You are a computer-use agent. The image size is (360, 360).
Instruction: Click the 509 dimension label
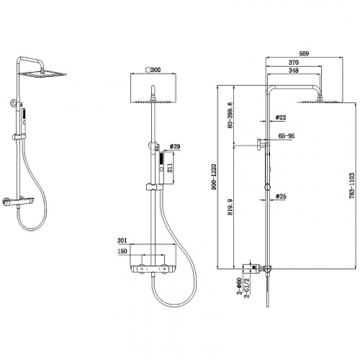point(304,53)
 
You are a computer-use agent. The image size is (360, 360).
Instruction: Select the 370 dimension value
point(293,63)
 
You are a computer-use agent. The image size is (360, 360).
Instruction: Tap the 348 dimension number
point(293,71)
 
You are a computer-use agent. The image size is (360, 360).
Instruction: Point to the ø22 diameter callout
point(281,117)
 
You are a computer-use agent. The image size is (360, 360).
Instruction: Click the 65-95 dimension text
point(287,136)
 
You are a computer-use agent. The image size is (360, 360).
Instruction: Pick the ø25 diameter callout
point(281,197)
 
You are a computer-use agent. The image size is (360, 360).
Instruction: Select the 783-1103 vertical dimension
point(352,186)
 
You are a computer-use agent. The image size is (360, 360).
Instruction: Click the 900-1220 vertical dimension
point(215,177)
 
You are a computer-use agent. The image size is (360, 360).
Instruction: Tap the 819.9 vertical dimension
point(230,207)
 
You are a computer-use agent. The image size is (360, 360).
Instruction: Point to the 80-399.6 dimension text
point(230,115)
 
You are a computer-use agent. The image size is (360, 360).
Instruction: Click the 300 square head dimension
point(153,70)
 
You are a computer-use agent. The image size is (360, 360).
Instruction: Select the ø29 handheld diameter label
point(175,146)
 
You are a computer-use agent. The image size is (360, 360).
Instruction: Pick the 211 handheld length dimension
point(170,168)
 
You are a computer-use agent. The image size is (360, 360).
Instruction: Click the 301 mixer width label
point(122,240)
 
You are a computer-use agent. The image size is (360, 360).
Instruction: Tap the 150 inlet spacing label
point(122,251)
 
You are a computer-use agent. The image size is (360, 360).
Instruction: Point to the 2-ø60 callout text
point(239,287)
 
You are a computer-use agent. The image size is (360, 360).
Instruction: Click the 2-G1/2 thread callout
point(247,288)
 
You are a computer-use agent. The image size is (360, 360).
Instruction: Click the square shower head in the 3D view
point(42,74)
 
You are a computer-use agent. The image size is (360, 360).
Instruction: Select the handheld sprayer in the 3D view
point(24,120)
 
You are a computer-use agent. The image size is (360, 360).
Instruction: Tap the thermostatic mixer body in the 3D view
point(18,202)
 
